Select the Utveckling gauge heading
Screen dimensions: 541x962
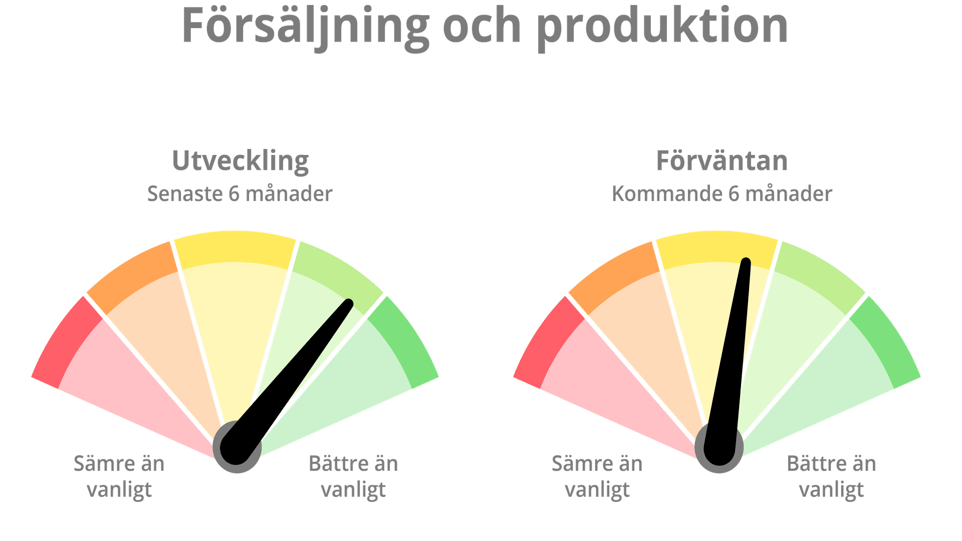tap(241, 161)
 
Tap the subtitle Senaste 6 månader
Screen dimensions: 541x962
tap(239, 194)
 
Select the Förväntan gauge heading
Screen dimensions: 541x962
tap(722, 161)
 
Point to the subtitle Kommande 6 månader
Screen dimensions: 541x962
tap(722, 194)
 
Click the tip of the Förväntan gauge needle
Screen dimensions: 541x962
tap(746, 261)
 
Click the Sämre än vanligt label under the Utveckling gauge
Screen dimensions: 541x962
tap(119, 476)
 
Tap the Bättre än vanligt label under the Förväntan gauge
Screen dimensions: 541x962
tap(832, 476)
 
